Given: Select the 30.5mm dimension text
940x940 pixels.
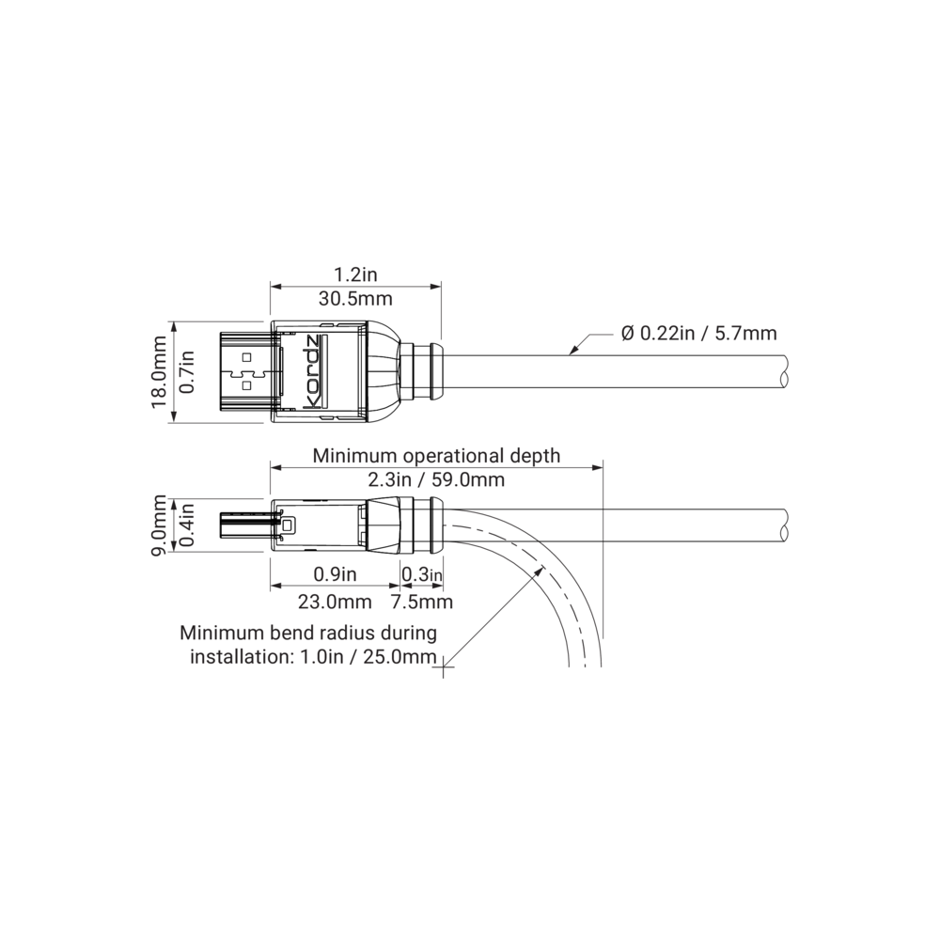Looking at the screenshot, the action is (355, 298).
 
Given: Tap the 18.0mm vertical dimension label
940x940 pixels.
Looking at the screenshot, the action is (160, 371).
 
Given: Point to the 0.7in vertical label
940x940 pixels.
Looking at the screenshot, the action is (188, 371).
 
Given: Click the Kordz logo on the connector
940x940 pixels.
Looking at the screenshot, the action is (314, 373).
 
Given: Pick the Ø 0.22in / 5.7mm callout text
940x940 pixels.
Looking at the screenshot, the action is (699, 333).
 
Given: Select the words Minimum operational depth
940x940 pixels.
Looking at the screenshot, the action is (436, 456).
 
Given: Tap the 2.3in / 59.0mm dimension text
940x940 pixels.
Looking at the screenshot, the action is (436, 479).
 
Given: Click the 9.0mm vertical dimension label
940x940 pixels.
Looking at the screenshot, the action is (160, 525).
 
